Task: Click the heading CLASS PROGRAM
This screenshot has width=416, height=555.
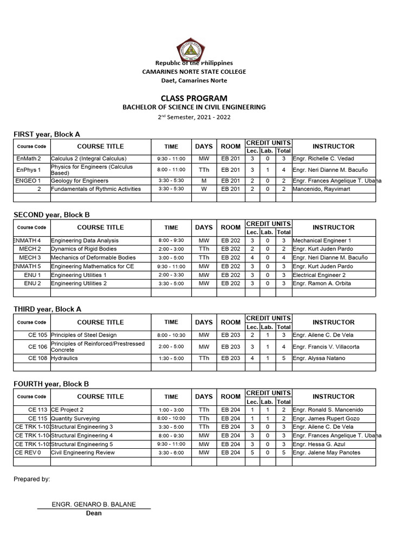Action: click(193, 98)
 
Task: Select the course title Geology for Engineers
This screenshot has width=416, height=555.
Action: click(80, 180)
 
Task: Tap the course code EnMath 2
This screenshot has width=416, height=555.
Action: click(29, 158)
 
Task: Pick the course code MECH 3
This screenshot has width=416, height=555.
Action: click(30, 257)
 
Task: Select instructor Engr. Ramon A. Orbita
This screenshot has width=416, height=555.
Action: click(321, 283)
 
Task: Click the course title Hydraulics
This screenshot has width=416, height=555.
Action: click(64, 358)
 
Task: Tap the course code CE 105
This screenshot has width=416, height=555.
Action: click(38, 335)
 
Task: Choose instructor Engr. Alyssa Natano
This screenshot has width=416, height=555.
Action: click(319, 358)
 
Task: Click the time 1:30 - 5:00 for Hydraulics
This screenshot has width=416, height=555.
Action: click(171, 358)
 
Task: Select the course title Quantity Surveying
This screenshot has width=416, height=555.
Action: click(75, 418)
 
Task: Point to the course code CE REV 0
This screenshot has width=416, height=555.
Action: click(28, 453)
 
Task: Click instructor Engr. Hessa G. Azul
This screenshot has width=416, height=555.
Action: click(320, 444)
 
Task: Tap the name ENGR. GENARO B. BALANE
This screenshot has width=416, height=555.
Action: click(94, 504)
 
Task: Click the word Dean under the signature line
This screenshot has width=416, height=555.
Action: click(94, 513)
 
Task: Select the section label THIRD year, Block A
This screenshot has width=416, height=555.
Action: click(47, 309)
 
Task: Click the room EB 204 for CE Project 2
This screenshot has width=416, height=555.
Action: click(231, 410)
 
